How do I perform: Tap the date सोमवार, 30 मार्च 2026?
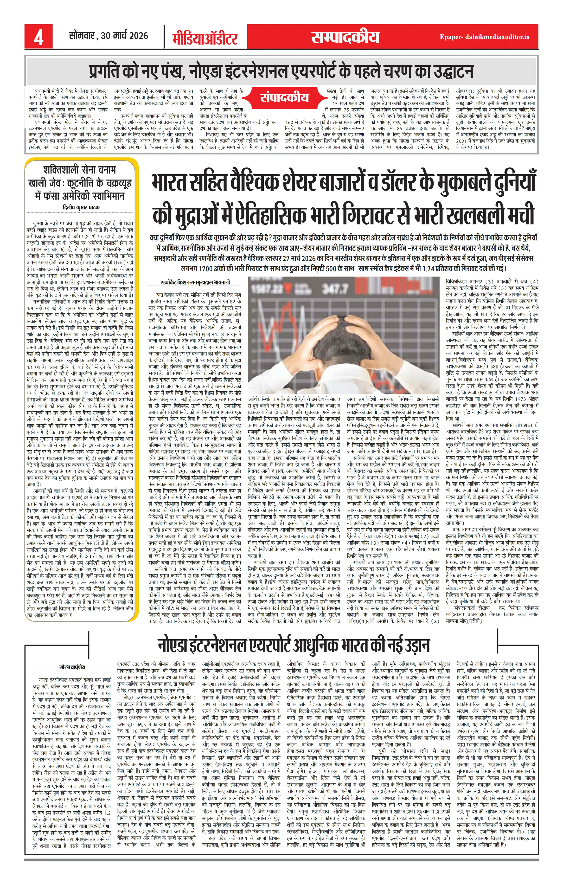coord(109,36)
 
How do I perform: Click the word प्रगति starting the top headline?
coord(107,71)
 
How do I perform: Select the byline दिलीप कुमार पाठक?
coord(81,207)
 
